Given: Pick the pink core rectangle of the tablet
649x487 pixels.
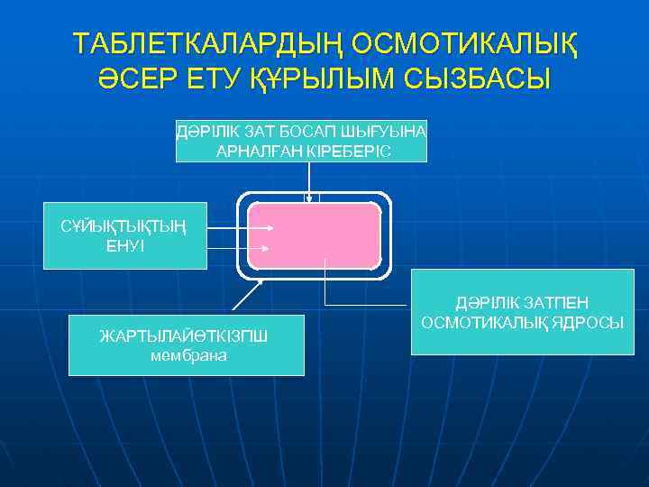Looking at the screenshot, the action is click(x=314, y=236).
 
